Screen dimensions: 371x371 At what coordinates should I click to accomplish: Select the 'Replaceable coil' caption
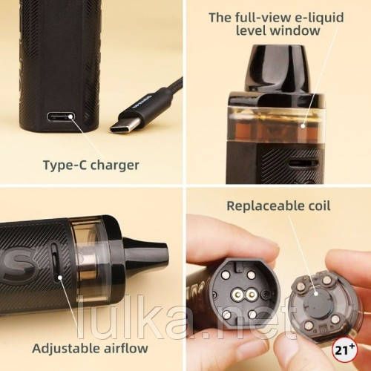pos(278,206)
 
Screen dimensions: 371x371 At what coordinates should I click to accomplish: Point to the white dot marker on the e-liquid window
pos(303,125)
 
